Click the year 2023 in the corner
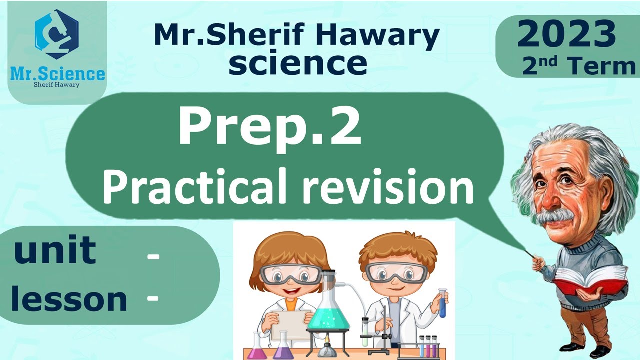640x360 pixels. point(566,35)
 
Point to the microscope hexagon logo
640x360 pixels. point(57,35)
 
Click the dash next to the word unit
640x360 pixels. point(153,257)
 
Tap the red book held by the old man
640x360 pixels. point(590,280)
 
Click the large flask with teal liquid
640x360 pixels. point(328,310)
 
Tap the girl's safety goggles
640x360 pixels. point(290,274)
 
